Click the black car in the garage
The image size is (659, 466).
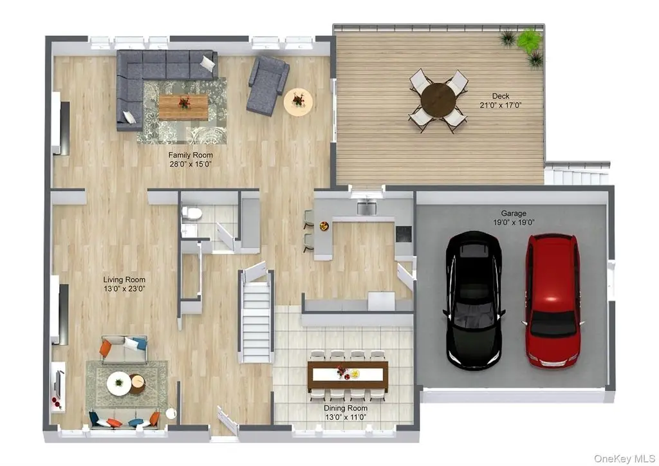pyautogui.click(x=474, y=300)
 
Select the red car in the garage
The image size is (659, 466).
pyautogui.click(x=552, y=300)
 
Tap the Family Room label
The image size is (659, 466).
pyautogui.click(x=190, y=155)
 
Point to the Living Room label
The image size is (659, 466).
pyautogui.click(x=124, y=279)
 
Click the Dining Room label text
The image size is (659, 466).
pyautogui.click(x=346, y=408)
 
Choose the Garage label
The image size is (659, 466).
pyautogui.click(x=514, y=214)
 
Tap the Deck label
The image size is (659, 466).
pyautogui.click(x=501, y=97)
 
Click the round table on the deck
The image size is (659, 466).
pyautogui.click(x=438, y=100)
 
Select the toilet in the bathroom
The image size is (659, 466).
pyautogui.click(x=192, y=214)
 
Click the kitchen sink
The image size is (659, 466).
pyautogui.click(x=366, y=207)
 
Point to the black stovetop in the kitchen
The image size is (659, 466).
pyautogui.click(x=404, y=234)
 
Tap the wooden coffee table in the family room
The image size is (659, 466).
pyautogui.click(x=183, y=107)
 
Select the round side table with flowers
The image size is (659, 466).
pyautogui.click(x=298, y=102)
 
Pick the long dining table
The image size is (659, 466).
pyautogui.click(x=348, y=375)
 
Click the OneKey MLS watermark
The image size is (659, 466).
pyautogui.click(x=624, y=458)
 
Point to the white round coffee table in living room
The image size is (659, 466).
pyautogui.click(x=119, y=384)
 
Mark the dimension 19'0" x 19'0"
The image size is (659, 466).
pyautogui.click(x=514, y=223)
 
